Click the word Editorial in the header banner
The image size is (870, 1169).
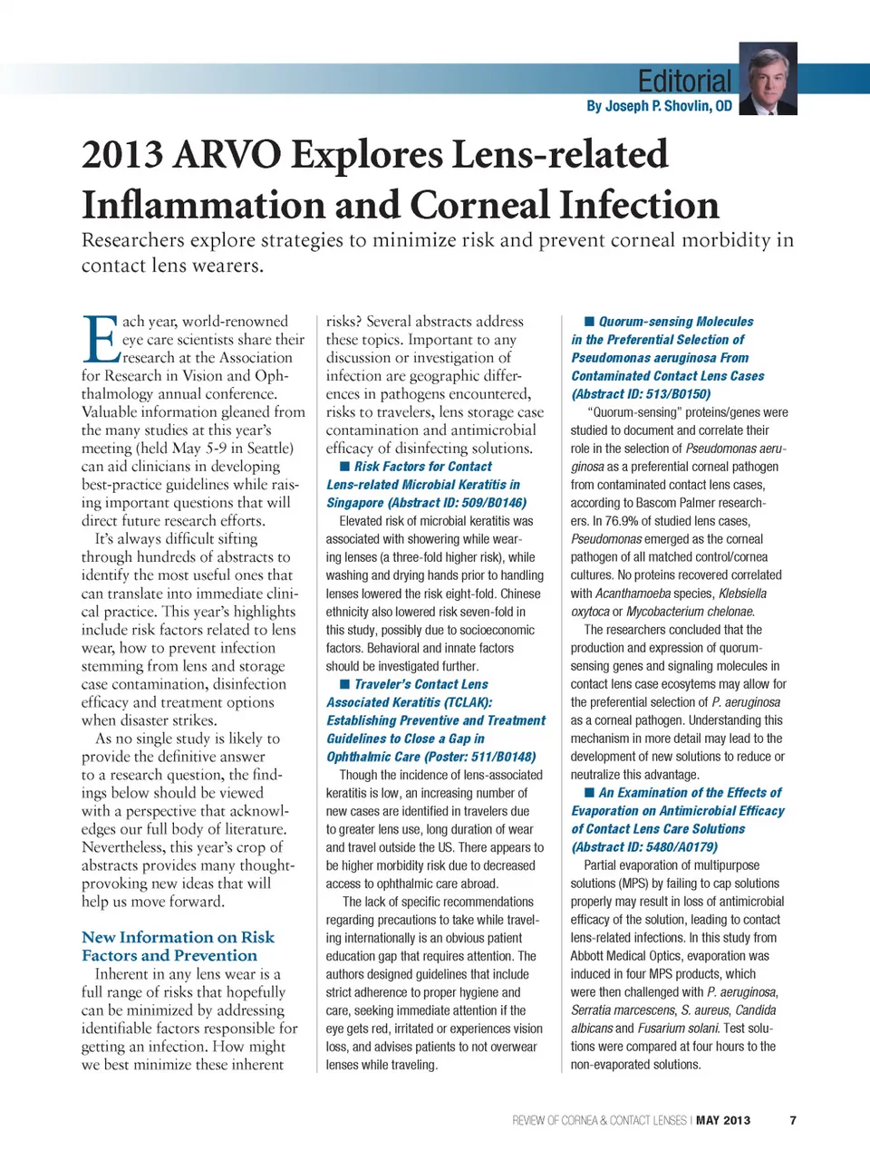[684, 82]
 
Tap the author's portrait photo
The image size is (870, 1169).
[768, 79]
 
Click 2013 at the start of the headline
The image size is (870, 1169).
[121, 155]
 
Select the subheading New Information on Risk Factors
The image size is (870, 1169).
[178, 946]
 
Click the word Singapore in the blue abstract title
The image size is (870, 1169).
[355, 503]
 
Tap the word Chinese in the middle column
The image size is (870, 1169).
[520, 594]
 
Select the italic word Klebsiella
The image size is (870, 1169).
[742, 594]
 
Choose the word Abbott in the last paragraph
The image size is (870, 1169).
[592, 956]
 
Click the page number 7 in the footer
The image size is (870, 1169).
[793, 1120]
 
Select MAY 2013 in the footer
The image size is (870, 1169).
[723, 1120]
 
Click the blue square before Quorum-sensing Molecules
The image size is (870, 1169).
[589, 322]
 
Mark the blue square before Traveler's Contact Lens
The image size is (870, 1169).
[344, 684]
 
